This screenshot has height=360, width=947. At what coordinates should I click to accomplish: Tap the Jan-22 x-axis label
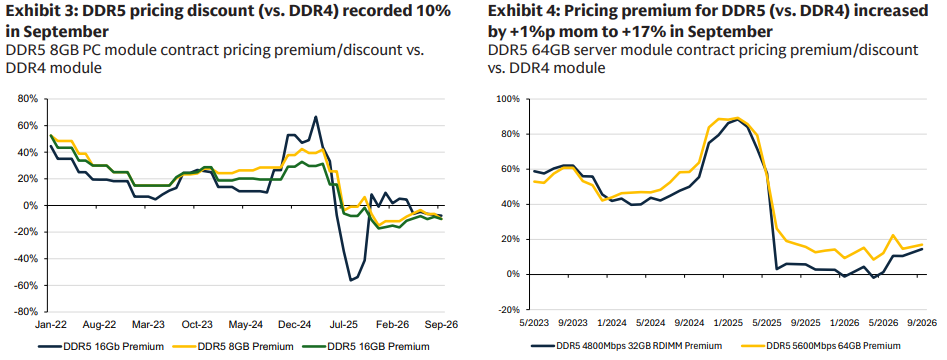pos(50,324)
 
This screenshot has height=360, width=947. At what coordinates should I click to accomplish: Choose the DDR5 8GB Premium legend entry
pos(239,347)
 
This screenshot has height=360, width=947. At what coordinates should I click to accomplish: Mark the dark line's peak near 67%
pos(316,117)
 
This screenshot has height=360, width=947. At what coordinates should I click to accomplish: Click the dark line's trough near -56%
pos(351,280)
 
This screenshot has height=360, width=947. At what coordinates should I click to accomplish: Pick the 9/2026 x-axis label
pos(919,321)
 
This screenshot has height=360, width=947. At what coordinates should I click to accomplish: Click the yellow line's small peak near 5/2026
pos(893,235)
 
